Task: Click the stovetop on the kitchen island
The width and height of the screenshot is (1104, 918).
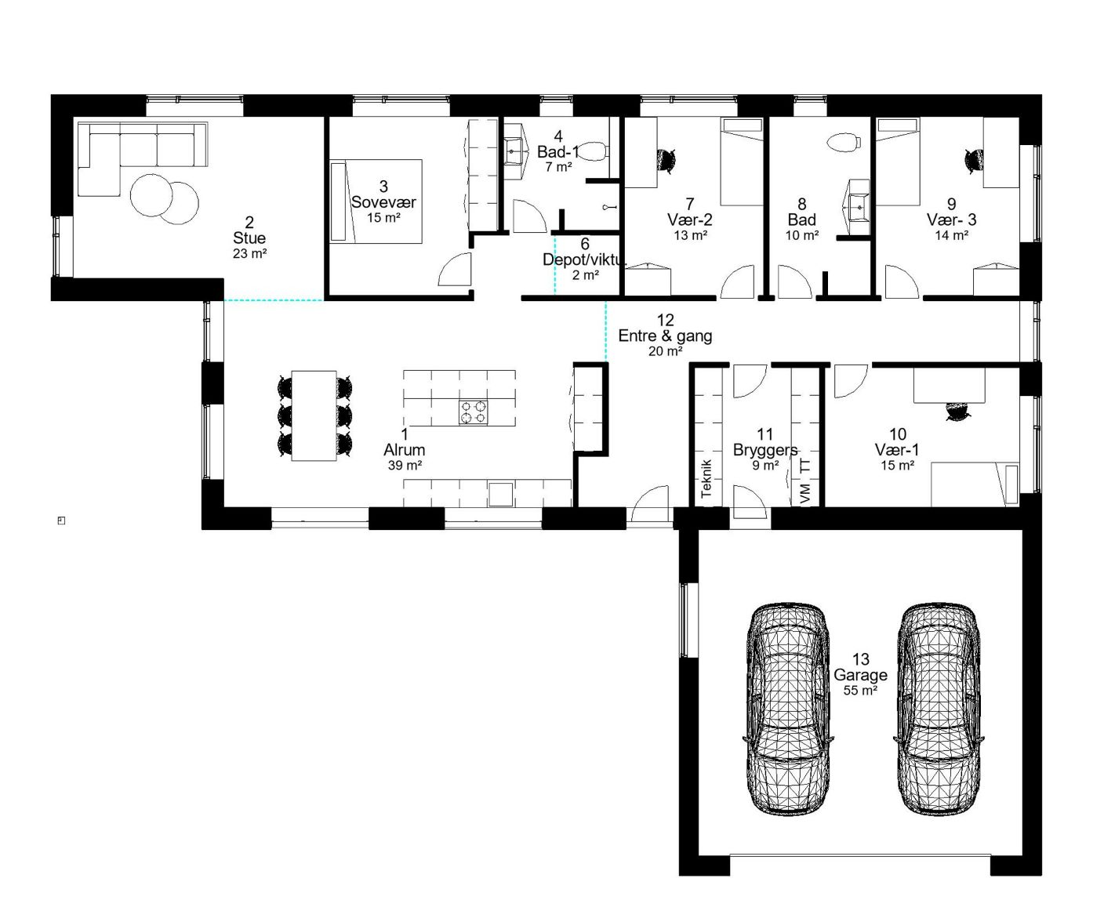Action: (474, 412)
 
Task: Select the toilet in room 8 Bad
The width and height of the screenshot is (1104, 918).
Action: (844, 142)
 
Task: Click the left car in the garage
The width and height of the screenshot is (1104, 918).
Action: (788, 712)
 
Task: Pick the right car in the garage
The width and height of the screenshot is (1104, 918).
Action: (938, 712)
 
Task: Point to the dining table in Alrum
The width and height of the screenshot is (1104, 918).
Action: (314, 415)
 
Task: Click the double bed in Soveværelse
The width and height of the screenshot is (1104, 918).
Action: (376, 201)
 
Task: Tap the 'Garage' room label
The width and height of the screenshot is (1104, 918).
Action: (860, 675)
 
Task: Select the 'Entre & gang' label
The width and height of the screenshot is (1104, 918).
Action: (665, 336)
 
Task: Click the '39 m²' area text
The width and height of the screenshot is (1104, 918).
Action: (405, 466)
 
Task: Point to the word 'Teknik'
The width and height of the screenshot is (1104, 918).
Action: (707, 478)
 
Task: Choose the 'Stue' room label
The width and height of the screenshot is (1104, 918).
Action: (249, 238)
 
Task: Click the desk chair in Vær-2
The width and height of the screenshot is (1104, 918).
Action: (666, 160)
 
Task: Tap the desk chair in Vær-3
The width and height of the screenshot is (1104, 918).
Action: (974, 160)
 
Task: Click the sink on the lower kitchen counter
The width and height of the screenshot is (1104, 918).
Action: (500, 494)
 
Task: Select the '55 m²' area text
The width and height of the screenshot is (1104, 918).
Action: (861, 690)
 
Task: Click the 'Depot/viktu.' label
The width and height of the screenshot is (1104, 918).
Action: (584, 259)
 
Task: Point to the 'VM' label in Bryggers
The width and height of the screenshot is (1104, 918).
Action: (805, 493)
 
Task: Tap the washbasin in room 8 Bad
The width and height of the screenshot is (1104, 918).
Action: (859, 206)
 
